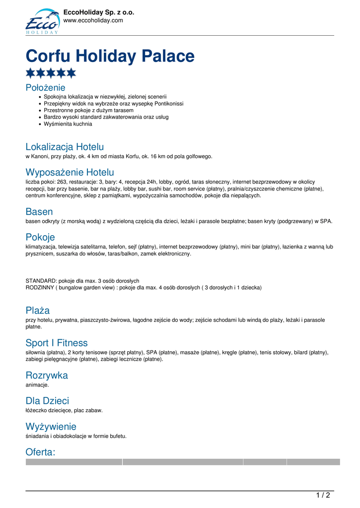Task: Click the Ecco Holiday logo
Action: click(42, 21)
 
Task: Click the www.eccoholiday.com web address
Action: click(93, 20)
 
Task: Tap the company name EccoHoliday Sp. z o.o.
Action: click(99, 12)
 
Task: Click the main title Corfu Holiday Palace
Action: click(110, 56)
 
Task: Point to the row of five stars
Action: click(51, 73)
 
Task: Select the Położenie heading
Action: click(45, 88)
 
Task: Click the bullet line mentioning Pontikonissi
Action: click(113, 104)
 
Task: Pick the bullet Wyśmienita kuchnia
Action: click(68, 124)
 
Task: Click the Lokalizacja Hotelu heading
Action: click(65, 147)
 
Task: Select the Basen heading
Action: click(39, 212)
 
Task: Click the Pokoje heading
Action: click(40, 237)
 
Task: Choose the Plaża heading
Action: click(38, 311)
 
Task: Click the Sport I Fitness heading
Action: click(57, 343)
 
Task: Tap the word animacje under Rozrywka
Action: click(37, 384)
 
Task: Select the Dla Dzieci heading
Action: click(47, 401)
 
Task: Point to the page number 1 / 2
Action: click(323, 495)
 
